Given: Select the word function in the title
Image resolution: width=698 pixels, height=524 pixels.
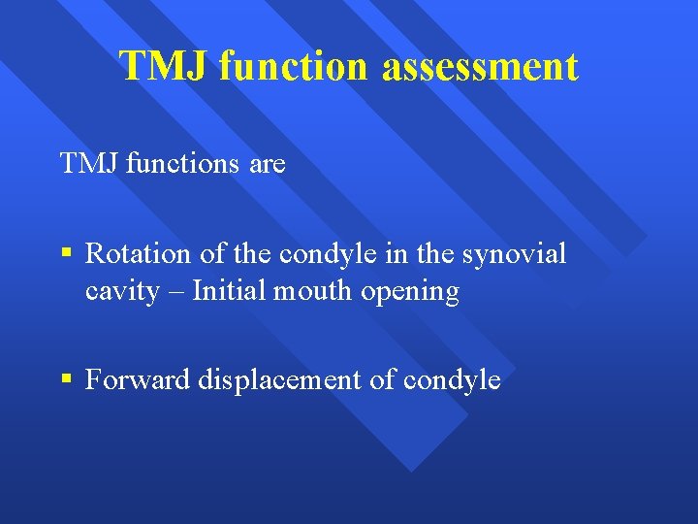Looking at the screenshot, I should (294, 67).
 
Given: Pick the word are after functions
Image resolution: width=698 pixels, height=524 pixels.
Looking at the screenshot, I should (268, 165).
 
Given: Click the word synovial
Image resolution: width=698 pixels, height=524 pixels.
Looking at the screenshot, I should (515, 253).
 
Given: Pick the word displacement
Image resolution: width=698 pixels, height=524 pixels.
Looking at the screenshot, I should (280, 380).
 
